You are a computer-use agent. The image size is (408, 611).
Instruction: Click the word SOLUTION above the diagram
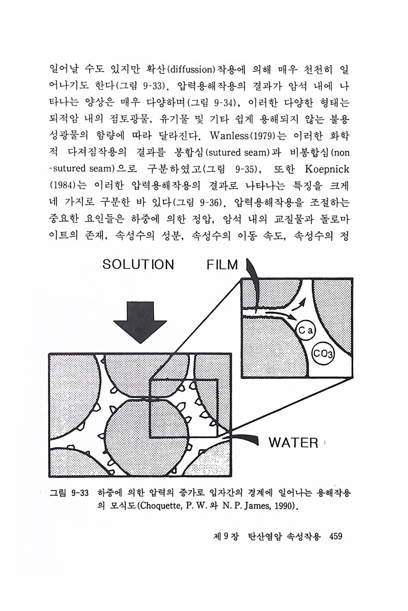tap(138, 264)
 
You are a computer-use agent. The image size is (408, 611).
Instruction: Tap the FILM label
tap(223, 265)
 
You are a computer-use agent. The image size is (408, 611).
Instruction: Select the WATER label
tap(293, 443)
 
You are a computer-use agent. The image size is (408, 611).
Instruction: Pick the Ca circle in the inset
tap(306, 330)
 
